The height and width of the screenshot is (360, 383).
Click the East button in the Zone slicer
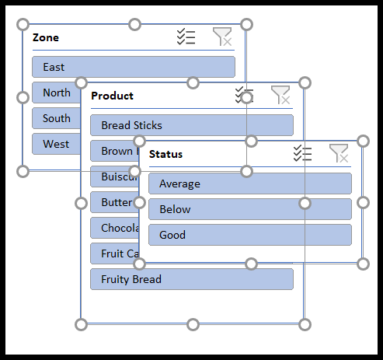coord(133,67)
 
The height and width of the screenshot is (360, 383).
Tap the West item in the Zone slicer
coord(54,144)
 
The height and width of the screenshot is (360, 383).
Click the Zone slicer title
coord(46,37)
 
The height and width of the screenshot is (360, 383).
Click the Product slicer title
coord(113,96)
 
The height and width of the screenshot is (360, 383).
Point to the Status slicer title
coord(165,154)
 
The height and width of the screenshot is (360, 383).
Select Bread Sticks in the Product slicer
coord(191,125)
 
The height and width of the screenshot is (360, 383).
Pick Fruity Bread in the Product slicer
coord(191,279)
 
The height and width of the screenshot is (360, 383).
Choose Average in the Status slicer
coord(249,183)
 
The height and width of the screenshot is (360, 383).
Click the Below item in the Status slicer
coord(249,209)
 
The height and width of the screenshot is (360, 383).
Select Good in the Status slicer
coord(249,235)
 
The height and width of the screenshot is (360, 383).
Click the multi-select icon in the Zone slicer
coord(186,37)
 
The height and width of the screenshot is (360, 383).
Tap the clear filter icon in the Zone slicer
coord(222,37)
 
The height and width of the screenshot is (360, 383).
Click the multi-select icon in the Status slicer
coord(302,153)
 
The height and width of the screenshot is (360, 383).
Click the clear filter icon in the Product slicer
coord(280,95)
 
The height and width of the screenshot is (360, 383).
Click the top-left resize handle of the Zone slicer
coord(23,25)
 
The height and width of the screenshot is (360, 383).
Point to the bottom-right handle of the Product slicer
coord(305,324)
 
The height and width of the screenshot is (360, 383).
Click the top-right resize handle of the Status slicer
coord(363,141)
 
